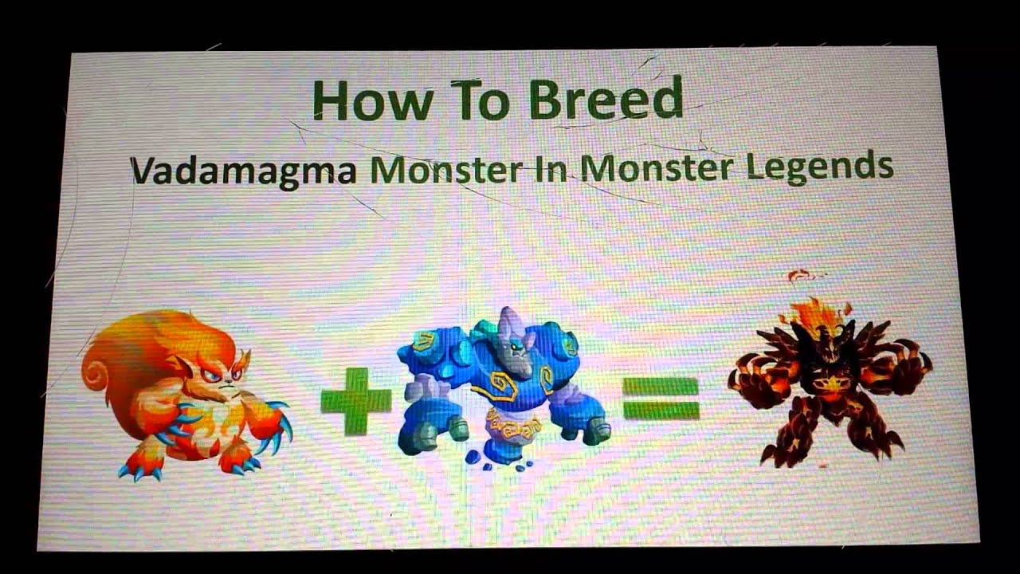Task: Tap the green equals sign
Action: [x=661, y=398]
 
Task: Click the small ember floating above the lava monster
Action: [x=798, y=276]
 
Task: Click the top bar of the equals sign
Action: [x=661, y=387]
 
